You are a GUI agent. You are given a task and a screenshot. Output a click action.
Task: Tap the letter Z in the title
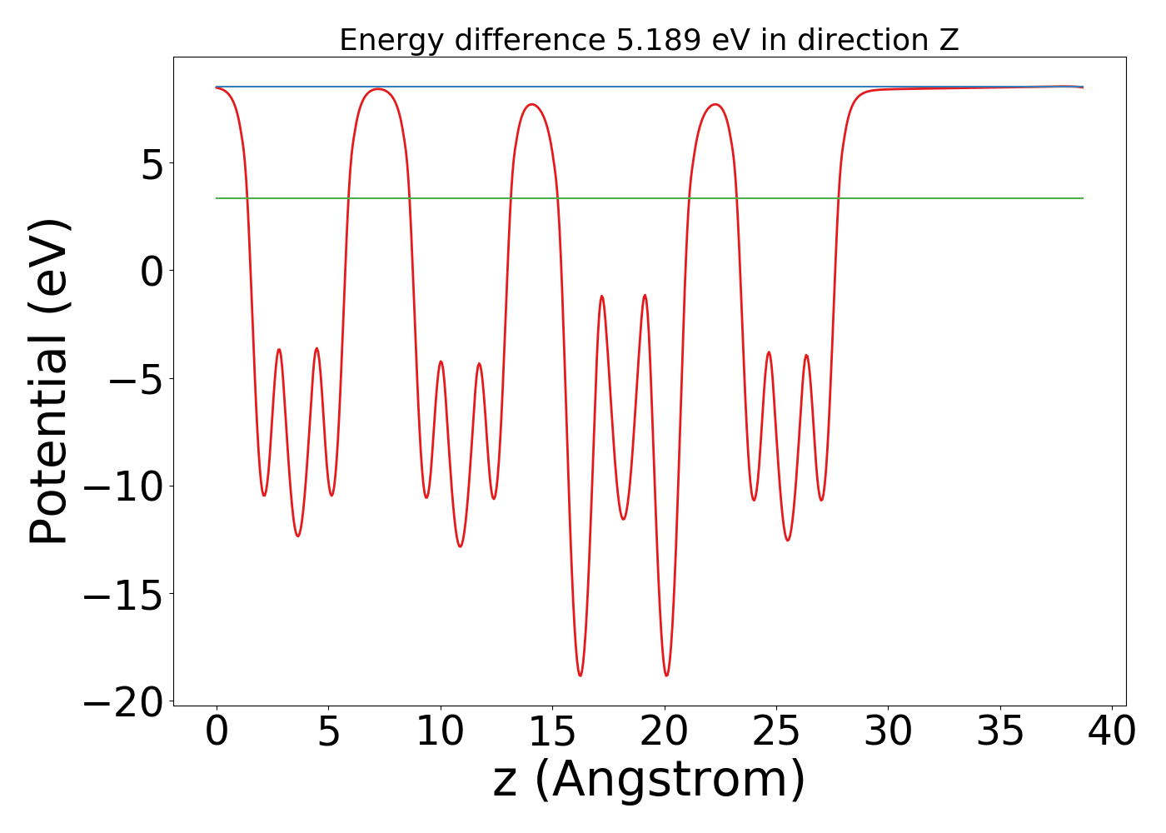(x=949, y=40)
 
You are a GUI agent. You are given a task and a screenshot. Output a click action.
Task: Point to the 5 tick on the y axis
(x=152, y=164)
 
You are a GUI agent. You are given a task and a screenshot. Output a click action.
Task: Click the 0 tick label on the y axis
(x=152, y=272)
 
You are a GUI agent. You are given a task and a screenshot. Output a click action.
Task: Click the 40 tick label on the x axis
(x=1111, y=733)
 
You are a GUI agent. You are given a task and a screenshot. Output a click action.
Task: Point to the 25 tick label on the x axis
(x=776, y=733)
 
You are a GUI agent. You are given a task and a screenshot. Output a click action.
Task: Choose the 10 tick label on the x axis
(x=440, y=733)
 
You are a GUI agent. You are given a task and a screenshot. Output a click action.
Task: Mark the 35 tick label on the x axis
(x=999, y=733)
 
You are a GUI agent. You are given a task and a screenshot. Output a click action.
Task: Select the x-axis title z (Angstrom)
(x=649, y=780)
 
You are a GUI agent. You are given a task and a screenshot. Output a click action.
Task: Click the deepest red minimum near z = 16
(x=580, y=676)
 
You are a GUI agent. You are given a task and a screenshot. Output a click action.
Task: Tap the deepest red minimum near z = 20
(x=666, y=676)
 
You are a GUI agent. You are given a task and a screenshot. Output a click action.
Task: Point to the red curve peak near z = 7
(x=378, y=89)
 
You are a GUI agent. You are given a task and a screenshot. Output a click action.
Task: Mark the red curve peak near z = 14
(x=532, y=104)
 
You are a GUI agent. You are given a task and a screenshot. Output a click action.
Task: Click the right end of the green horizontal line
(x=1082, y=198)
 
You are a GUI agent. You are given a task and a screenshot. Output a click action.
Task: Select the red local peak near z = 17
(x=601, y=296)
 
